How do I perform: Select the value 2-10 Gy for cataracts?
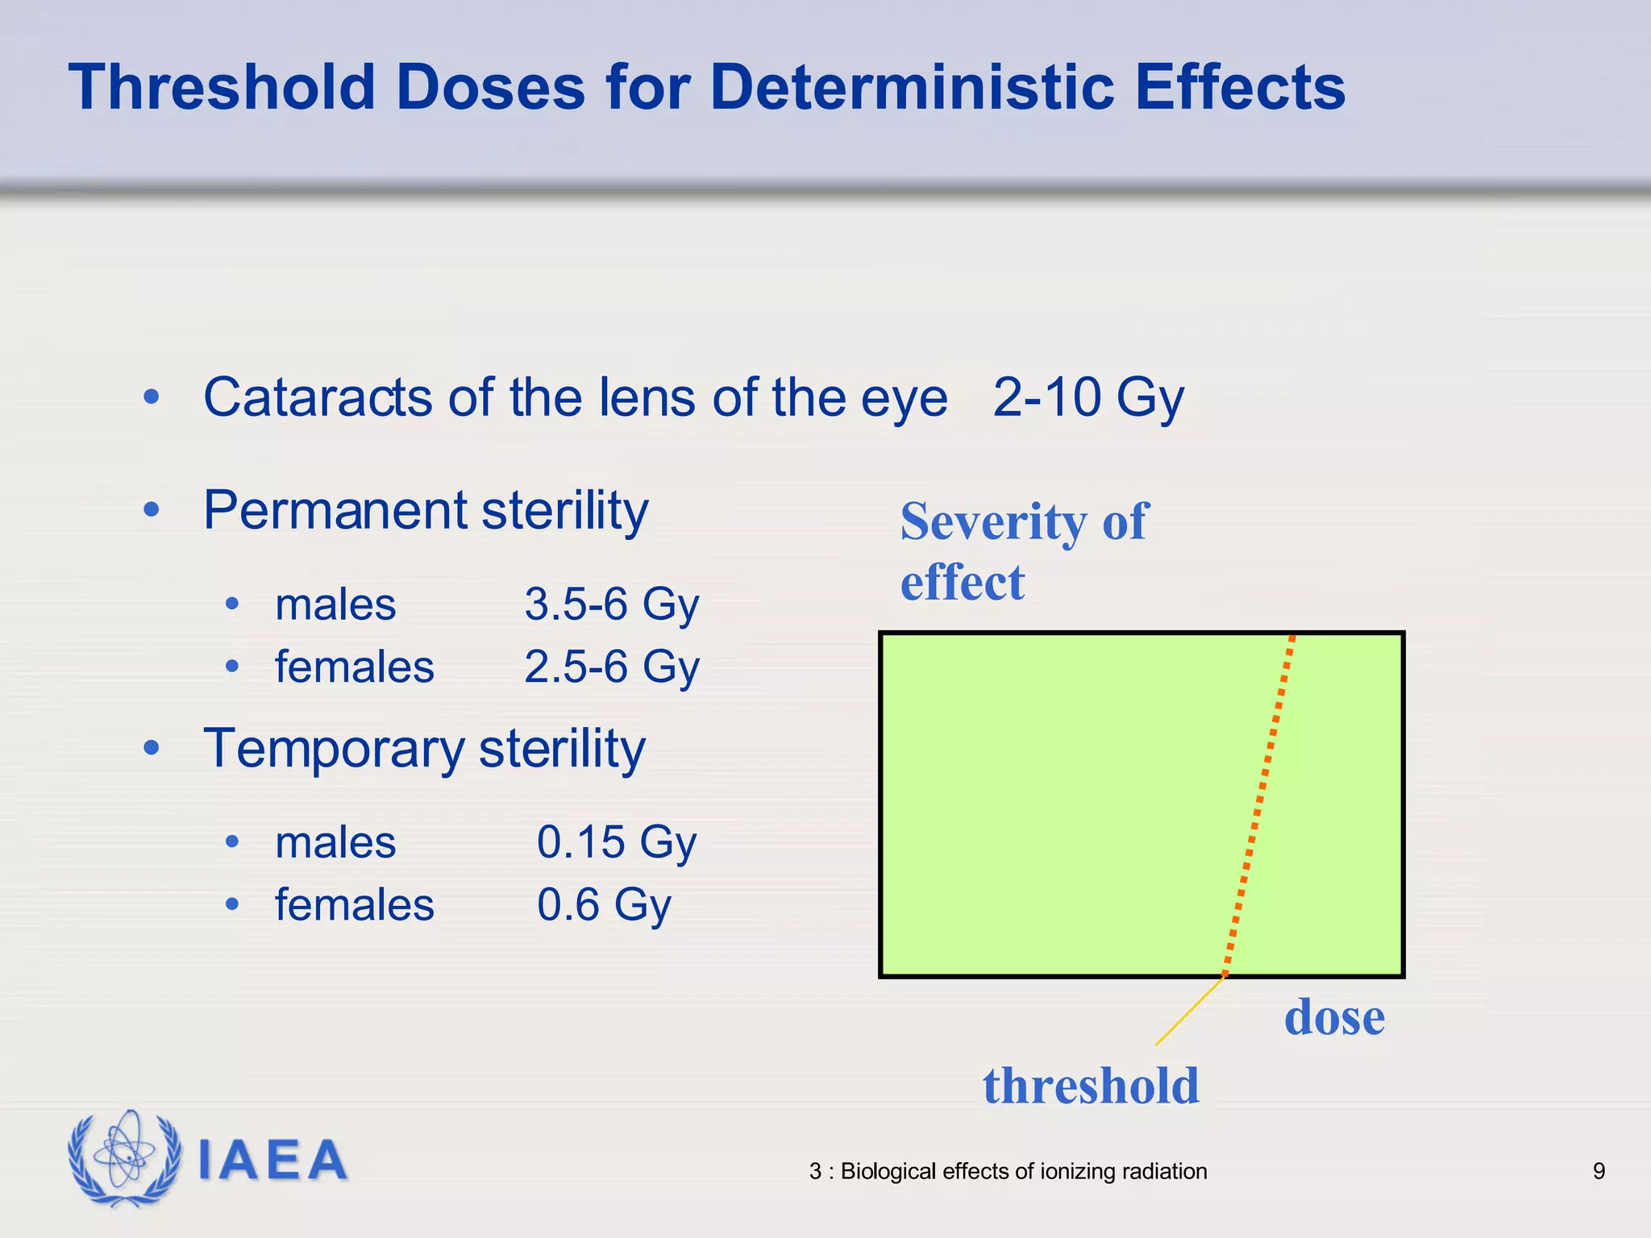pos(1087,397)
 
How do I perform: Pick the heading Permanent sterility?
pos(425,511)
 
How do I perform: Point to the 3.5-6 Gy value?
pos(611,604)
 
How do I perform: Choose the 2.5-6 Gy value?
pos(611,667)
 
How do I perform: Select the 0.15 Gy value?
pos(616,842)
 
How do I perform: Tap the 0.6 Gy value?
pos(603,904)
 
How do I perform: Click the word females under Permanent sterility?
pos(354,667)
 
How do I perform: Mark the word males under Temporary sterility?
pos(335,842)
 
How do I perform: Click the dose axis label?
pos(1334,1017)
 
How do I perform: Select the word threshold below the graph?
pos(1091,1086)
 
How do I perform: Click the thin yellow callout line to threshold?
pos(1189,1011)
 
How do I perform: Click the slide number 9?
pos(1599,1171)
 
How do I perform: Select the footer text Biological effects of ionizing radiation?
pos(1023,1171)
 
